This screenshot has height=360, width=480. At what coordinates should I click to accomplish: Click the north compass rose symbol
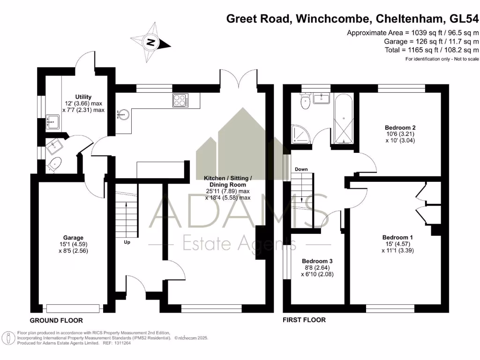click(x=150, y=42)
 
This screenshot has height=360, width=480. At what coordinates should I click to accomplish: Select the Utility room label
click(x=83, y=97)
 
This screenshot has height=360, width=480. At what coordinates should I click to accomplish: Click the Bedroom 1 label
click(x=397, y=237)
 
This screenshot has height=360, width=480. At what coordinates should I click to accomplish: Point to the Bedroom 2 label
click(x=400, y=127)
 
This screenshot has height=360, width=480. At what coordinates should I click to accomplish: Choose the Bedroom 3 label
click(x=317, y=261)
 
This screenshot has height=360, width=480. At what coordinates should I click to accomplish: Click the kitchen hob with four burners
click(x=180, y=100)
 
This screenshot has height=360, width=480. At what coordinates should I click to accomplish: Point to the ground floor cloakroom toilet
click(x=54, y=164)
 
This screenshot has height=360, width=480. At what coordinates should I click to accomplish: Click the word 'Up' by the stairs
click(x=127, y=242)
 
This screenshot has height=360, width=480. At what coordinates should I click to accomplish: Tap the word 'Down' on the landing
click(x=301, y=169)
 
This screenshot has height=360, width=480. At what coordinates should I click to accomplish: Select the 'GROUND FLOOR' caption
click(x=56, y=321)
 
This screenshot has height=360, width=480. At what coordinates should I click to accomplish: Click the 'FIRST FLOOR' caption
click(x=304, y=320)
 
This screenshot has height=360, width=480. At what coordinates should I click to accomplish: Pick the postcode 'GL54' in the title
click(x=464, y=19)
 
